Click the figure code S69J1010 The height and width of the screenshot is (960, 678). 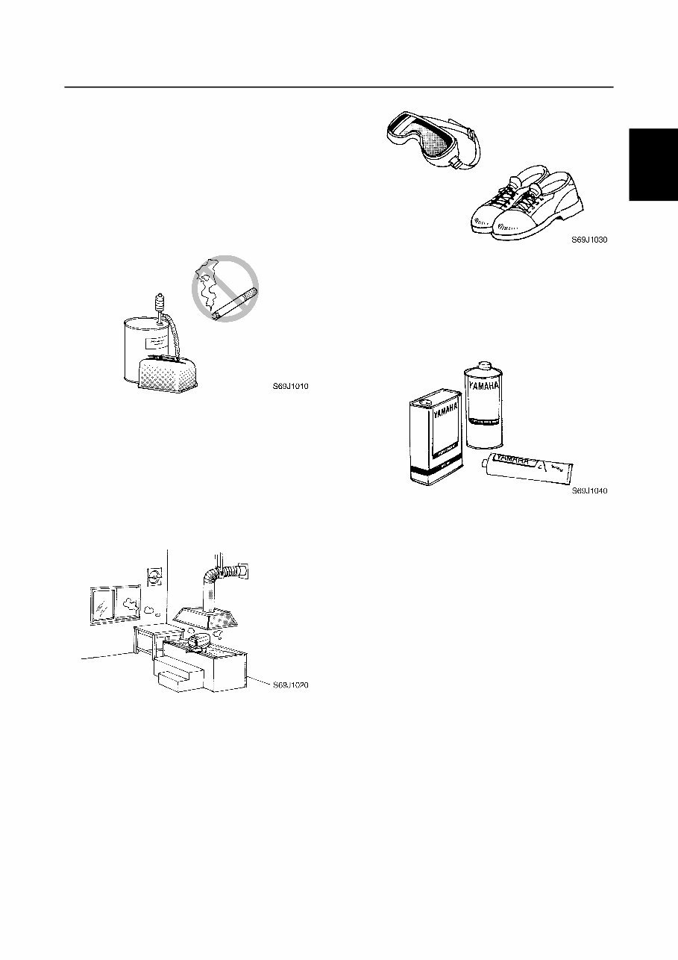290,387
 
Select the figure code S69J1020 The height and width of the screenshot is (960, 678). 290,685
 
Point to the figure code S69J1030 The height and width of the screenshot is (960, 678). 589,241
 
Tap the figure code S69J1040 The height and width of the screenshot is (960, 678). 589,490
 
